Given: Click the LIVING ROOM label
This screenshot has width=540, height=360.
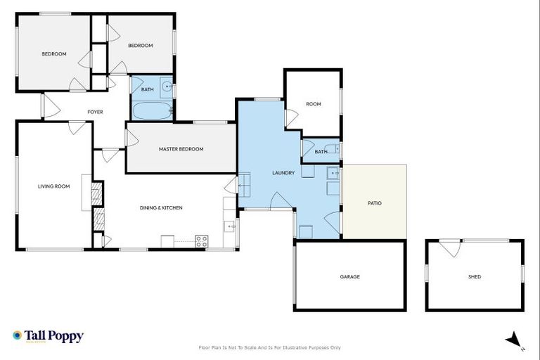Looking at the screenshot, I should point(54,186).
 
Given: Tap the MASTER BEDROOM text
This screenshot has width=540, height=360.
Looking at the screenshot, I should point(181,149).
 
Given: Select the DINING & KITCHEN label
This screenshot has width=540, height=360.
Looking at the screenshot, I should point(161,207).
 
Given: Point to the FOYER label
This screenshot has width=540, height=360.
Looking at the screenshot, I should point(95,112).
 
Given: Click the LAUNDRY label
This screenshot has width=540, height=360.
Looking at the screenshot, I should point(283,172).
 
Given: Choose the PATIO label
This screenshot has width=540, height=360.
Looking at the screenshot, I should point(375,203).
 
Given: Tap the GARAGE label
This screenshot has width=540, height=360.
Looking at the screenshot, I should point(349,276).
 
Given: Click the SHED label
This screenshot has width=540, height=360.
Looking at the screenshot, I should point(475,277).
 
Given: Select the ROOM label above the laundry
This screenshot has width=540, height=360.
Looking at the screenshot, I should point(313,104).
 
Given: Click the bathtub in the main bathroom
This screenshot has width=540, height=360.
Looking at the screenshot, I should point(151,111).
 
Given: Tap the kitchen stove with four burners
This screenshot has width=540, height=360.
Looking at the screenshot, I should point(202,241).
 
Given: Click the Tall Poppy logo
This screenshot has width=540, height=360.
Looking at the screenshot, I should point(48,336).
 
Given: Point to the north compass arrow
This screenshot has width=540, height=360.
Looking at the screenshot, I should point(515,340).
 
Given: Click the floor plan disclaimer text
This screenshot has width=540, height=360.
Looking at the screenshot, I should point(270,347).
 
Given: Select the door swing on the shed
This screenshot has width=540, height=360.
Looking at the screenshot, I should point(450,247).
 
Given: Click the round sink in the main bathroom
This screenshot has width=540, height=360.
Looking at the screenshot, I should point(167,87).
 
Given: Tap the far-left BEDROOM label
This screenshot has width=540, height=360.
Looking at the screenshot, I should point(53,54).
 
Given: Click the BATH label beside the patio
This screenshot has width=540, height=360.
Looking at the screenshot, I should point(321,152).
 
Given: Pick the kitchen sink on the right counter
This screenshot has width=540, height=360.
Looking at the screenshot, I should point(230,226).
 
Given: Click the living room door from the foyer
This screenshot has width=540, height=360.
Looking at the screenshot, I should point(77,127).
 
